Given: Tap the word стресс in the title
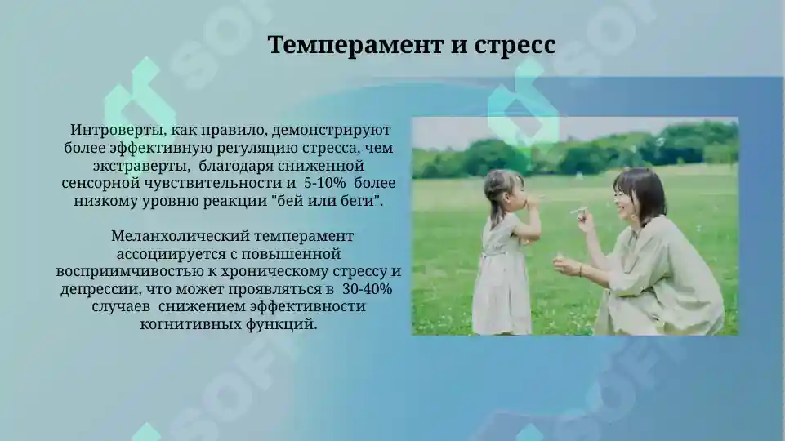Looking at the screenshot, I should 515,44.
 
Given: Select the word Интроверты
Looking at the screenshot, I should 109,130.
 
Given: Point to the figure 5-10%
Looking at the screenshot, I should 325,184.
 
